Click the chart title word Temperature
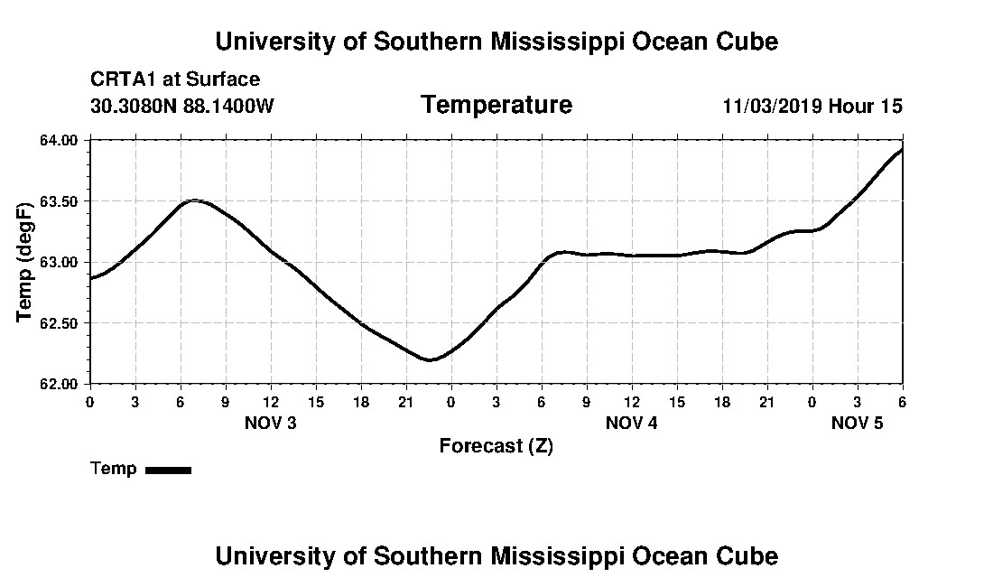pos(496,106)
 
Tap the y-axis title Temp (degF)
pos(26,263)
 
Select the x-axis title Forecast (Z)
pos(496,445)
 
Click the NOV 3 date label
pos(270,423)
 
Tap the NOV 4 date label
pos(631,423)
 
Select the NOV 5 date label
pos(857,423)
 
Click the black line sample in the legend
pos(168,470)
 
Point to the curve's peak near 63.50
pos(193,200)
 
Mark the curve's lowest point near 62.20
pos(431,359)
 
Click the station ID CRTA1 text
pos(122,79)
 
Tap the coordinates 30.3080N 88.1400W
pos(182,106)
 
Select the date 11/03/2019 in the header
pos(772,106)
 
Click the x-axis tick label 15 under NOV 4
pos(676,401)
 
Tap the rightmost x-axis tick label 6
pos(901,401)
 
